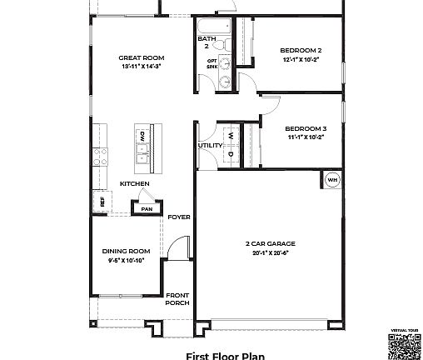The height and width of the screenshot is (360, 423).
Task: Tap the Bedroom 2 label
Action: click(301, 51)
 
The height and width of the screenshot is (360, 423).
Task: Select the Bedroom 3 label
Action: click(306, 128)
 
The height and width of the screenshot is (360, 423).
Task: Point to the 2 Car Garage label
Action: click(270, 244)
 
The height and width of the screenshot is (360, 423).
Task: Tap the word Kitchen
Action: click(134, 183)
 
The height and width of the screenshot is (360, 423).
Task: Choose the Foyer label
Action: click(179, 217)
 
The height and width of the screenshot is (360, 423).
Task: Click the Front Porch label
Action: click(177, 299)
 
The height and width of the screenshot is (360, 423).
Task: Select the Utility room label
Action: click(210, 146)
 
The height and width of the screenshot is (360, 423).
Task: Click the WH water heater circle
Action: click(331, 179)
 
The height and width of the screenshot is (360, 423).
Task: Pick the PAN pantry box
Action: click(147, 208)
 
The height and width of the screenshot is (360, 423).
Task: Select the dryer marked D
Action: click(231, 153)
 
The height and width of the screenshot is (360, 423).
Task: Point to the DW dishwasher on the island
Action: click(142, 134)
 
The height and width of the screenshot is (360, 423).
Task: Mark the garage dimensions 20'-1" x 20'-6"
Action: click(270, 252)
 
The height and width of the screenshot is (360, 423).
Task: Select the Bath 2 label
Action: click(207, 42)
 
